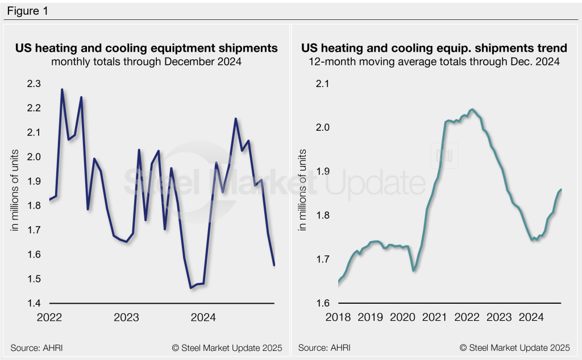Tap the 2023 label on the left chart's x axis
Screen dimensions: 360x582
click(126, 317)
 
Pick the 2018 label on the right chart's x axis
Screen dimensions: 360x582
click(338, 317)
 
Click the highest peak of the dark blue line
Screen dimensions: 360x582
click(62, 89)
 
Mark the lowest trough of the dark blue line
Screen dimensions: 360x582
click(190, 288)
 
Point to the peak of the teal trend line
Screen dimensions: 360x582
click(472, 109)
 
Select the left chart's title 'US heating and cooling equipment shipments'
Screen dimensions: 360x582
click(146, 48)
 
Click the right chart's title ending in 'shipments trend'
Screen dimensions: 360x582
click(434, 48)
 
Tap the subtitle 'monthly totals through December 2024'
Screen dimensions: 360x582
click(146, 62)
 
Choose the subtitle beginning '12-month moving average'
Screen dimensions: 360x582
click(434, 62)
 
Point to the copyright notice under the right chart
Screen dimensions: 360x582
click(514, 347)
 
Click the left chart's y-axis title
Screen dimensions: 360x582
click(16, 190)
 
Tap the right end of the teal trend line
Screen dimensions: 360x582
click(562, 189)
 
